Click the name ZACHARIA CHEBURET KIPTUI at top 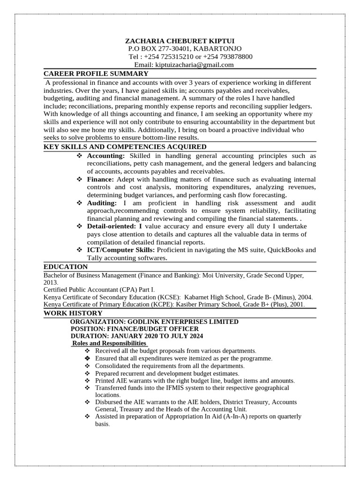pos(180,41)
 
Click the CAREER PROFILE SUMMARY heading pos(96,74)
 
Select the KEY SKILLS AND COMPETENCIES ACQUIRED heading pos(125,147)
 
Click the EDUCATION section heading pos(66,267)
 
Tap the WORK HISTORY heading pos(73,313)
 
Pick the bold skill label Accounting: pos(106,156)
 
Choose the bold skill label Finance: pos(100,180)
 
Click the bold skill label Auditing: pos(102,203)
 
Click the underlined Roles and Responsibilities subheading pos(109,344)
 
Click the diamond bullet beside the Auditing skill pos(79,203)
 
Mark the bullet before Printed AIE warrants pos(87,381)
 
